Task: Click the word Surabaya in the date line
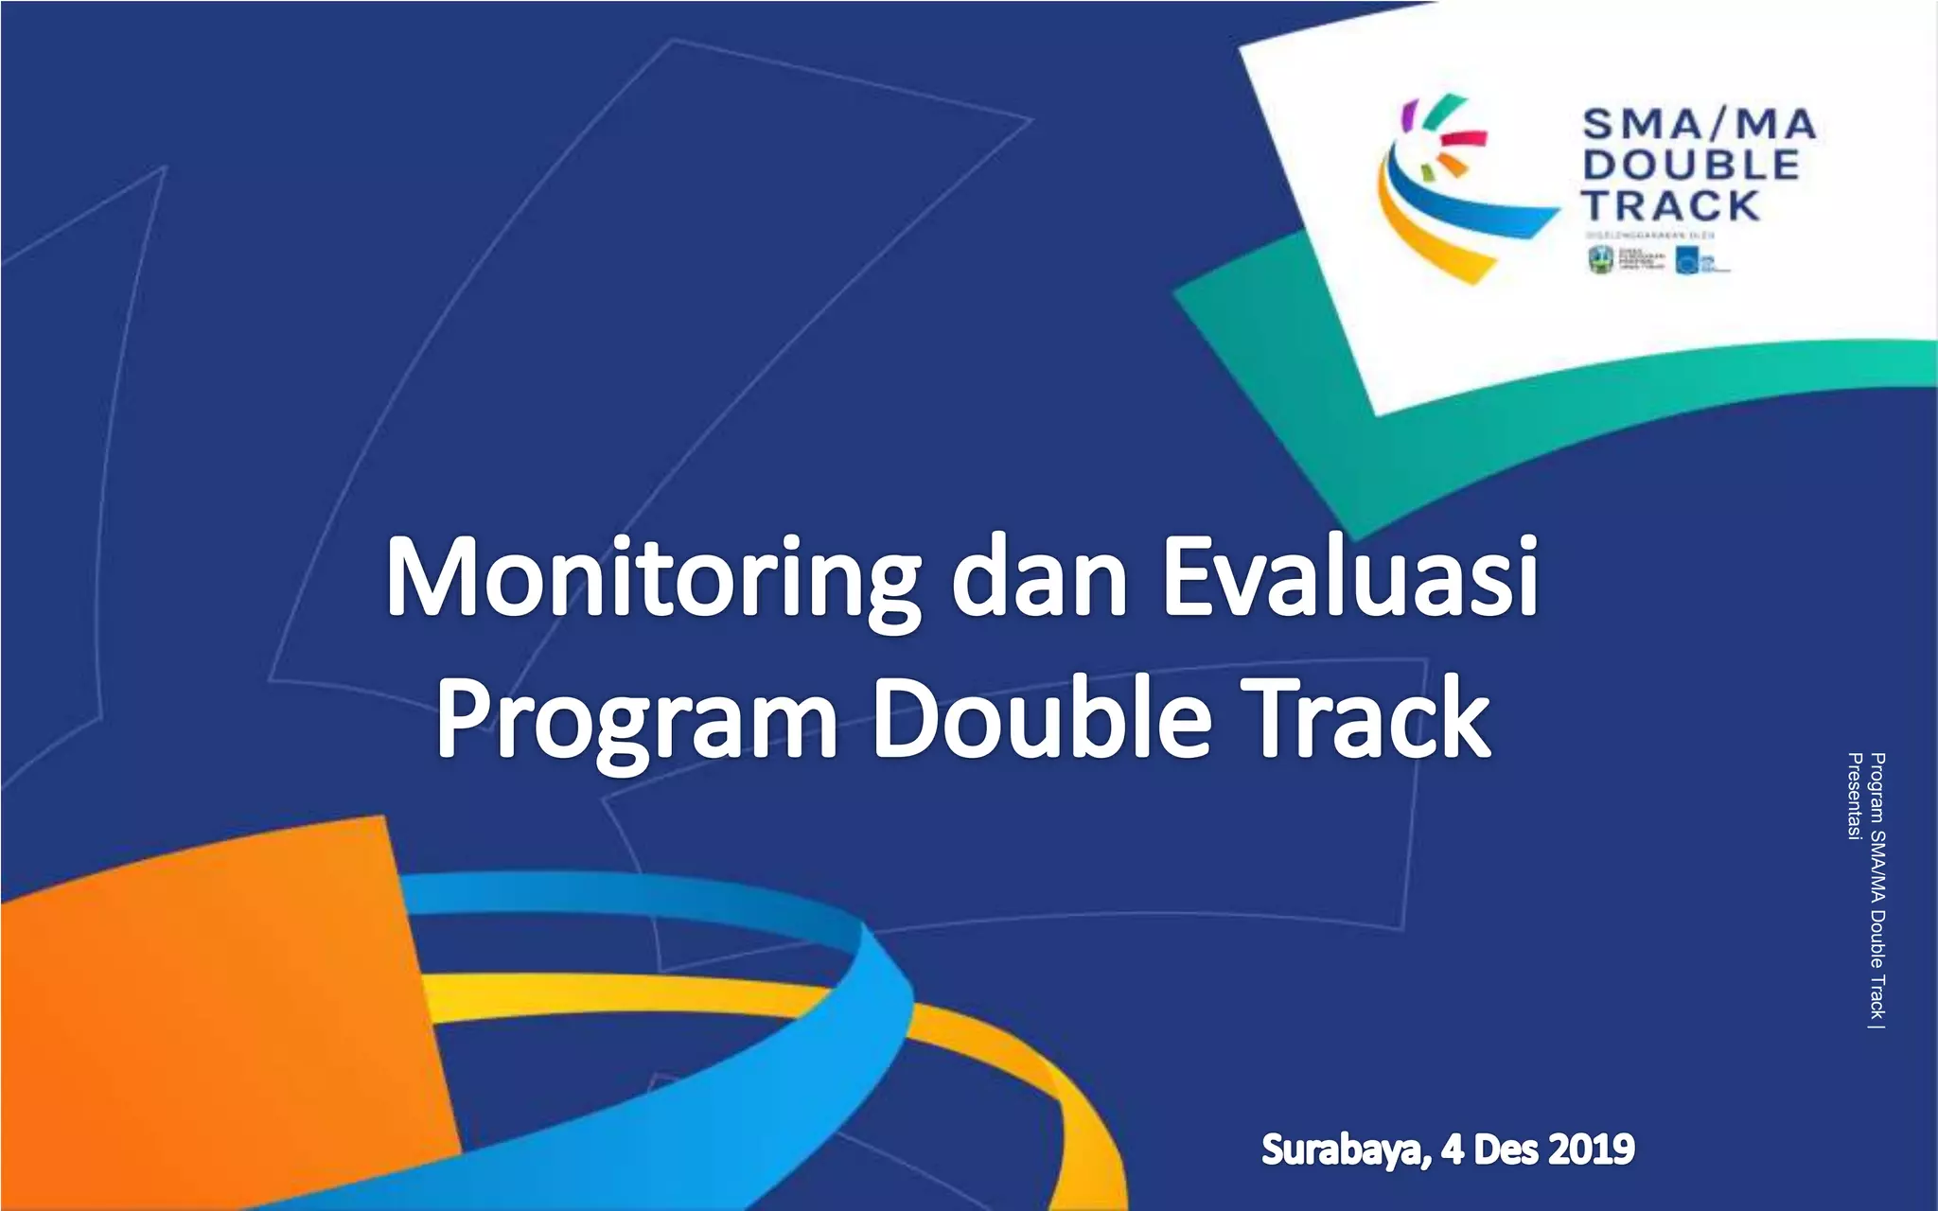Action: click(1343, 1150)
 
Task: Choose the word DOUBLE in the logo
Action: click(1691, 165)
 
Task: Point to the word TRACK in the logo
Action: click(1671, 205)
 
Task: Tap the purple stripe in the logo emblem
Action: click(1408, 114)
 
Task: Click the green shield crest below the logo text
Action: click(1600, 258)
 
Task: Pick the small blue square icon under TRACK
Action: click(1686, 259)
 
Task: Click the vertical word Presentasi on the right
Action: click(1855, 796)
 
